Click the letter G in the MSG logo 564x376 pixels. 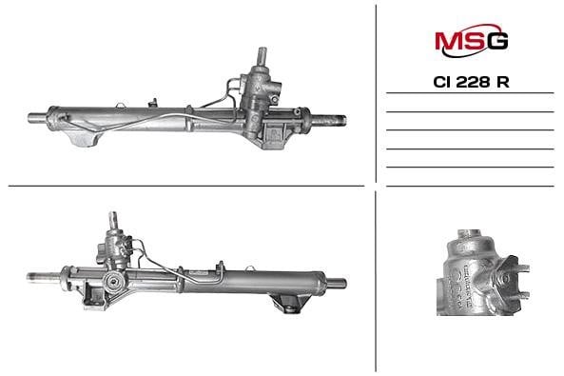point(497,41)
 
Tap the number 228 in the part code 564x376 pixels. point(473,82)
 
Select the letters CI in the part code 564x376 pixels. point(442,82)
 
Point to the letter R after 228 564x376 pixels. point(503,82)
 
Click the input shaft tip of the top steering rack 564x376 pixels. point(263,50)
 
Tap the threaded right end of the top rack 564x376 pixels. point(337,120)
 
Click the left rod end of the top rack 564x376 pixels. point(37,118)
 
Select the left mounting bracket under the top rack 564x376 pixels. point(84,138)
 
